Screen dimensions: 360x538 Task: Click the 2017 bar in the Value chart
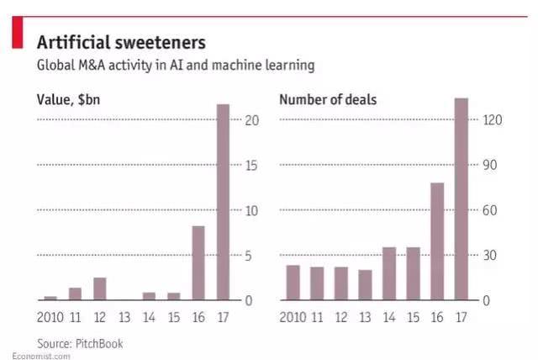click(223, 202)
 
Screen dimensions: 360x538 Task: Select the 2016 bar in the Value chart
click(198, 262)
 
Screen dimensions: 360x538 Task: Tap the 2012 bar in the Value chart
click(100, 289)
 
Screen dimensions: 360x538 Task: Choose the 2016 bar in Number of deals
click(437, 241)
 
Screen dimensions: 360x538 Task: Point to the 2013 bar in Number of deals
click(365, 285)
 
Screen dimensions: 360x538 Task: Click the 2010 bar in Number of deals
click(293, 283)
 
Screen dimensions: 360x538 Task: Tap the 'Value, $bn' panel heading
click(73, 100)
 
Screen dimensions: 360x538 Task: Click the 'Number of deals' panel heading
click(328, 100)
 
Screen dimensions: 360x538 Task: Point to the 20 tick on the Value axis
click(250, 120)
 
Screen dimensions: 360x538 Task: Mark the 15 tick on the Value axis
click(250, 166)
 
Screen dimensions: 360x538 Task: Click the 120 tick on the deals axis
click(492, 120)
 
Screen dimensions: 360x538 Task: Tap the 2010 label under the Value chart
click(50, 317)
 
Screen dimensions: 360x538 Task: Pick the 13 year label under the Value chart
click(124, 317)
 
